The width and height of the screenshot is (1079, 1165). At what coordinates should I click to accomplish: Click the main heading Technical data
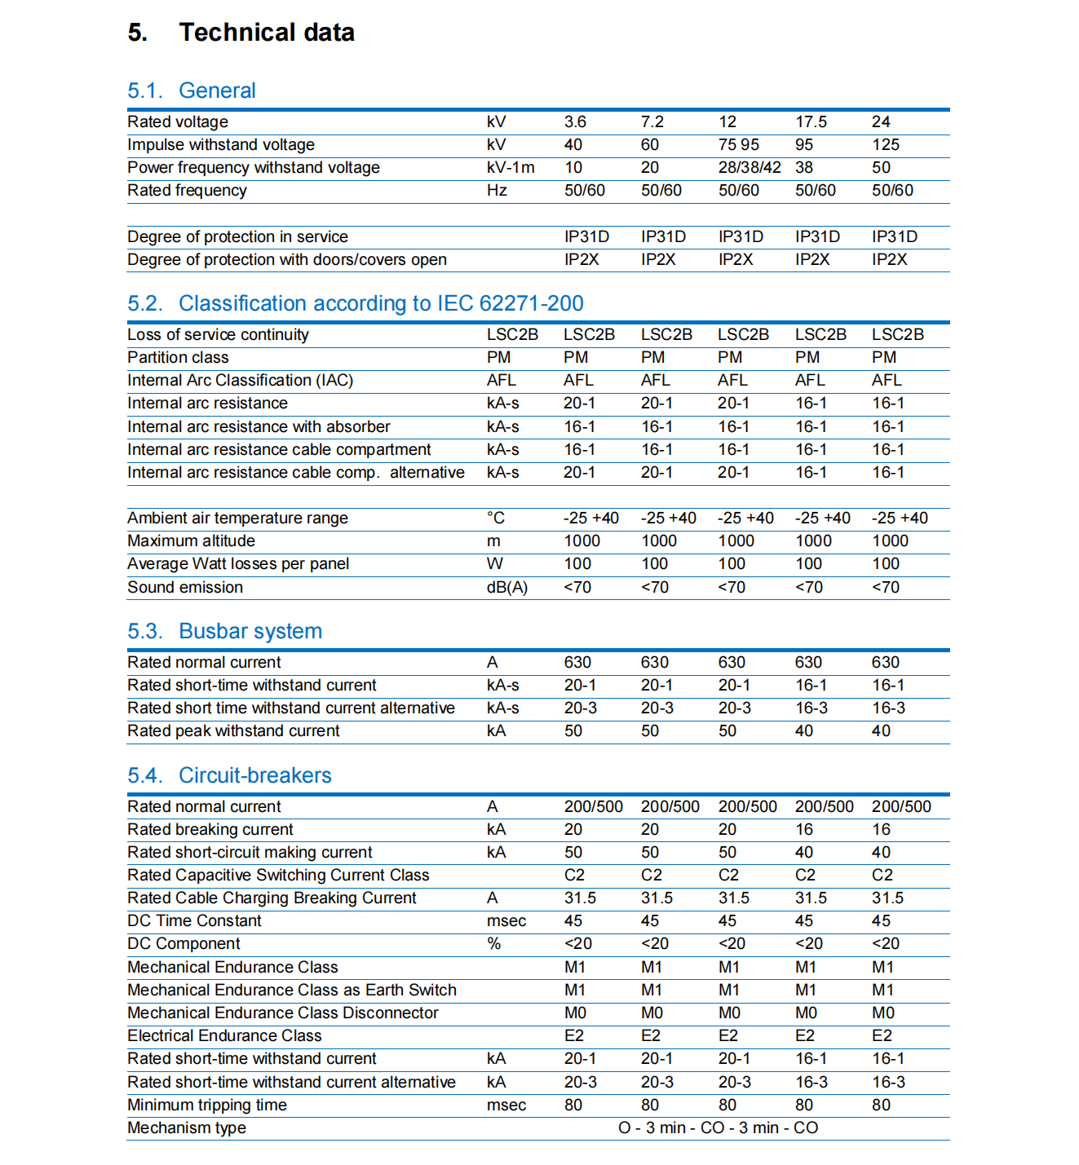pyautogui.click(x=267, y=33)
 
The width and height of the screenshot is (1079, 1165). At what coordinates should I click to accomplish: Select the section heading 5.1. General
pyautogui.click(x=192, y=90)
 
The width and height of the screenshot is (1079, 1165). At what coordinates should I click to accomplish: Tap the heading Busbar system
pyautogui.click(x=250, y=631)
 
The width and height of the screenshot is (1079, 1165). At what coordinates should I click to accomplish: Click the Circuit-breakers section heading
pyautogui.click(x=255, y=775)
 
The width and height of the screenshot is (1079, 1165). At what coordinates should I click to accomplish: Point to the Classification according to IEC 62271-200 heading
pyautogui.click(x=381, y=303)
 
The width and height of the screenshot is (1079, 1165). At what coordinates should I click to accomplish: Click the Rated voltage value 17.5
pyautogui.click(x=811, y=122)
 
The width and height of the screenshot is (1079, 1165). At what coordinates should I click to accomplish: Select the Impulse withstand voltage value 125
pyautogui.click(x=885, y=145)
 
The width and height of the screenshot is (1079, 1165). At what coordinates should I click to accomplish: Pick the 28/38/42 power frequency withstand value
pyautogui.click(x=749, y=168)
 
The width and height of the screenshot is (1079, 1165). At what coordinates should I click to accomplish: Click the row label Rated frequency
pyautogui.click(x=187, y=191)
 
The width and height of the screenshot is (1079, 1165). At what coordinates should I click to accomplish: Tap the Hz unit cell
pyautogui.click(x=497, y=191)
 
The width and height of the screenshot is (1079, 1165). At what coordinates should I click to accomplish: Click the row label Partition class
pyautogui.click(x=178, y=358)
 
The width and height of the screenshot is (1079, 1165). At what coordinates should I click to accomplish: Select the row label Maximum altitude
pyautogui.click(x=191, y=541)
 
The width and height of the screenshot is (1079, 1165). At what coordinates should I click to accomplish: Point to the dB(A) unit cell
pyautogui.click(x=506, y=588)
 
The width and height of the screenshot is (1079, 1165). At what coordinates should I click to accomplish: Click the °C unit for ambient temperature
pyautogui.click(x=495, y=519)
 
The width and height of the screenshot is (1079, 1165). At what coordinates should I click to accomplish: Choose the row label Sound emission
pyautogui.click(x=185, y=588)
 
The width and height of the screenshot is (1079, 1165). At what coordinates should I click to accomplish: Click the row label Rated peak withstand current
pyautogui.click(x=233, y=731)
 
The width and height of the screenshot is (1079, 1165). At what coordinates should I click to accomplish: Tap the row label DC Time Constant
pyautogui.click(x=194, y=921)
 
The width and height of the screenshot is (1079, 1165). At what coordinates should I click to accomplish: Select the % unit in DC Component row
pyautogui.click(x=493, y=944)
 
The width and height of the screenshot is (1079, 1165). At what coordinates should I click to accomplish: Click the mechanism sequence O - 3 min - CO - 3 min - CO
pyautogui.click(x=718, y=1128)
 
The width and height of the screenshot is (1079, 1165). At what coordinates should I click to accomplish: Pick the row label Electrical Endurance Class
pyautogui.click(x=224, y=1036)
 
